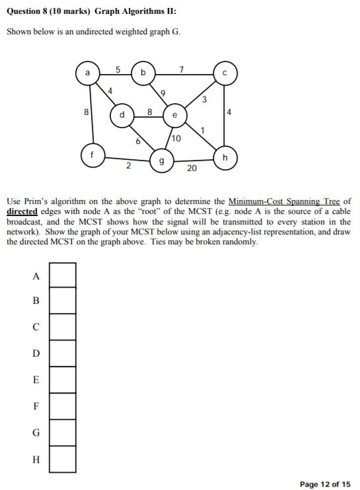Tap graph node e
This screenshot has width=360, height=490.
point(174,115)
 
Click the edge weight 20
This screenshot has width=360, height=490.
point(192,169)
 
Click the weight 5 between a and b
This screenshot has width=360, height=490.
point(118,69)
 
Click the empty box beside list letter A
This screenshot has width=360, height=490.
point(63,275)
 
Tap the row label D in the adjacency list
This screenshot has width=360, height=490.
point(36,353)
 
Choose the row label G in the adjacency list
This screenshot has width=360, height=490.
point(36,433)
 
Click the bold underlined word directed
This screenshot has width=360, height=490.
point(22,211)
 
